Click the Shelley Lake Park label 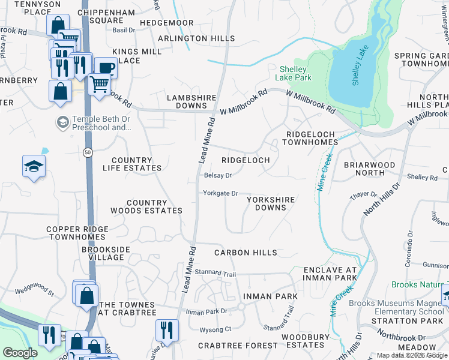(294, 73)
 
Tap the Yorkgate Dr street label (220, 193)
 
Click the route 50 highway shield (88, 154)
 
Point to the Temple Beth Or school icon (62, 122)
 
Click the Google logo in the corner (20, 353)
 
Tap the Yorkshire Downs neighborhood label (270, 203)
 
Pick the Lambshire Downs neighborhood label (191, 101)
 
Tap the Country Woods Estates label (146, 207)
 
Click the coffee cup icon (105, 68)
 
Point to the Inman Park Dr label (206, 311)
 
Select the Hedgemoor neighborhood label (166, 23)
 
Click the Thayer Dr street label (364, 195)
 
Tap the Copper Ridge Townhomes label (77, 233)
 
